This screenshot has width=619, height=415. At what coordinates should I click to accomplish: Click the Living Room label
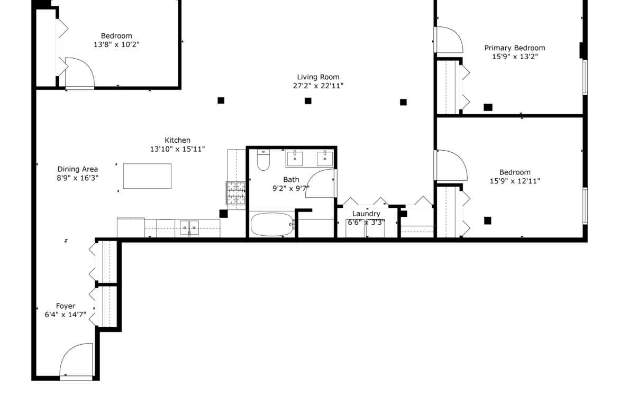pos(318,77)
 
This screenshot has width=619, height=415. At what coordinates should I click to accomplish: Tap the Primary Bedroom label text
pos(515,48)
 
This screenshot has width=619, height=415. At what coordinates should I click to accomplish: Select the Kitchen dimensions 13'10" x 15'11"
pos(177,149)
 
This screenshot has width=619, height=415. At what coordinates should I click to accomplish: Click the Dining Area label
pos(77,169)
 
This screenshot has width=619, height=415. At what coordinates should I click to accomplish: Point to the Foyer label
pos(66,306)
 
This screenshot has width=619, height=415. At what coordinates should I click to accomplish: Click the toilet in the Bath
pos(263,160)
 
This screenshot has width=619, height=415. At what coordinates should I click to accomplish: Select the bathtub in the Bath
pos(272,225)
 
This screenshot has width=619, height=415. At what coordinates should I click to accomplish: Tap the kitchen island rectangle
pos(147,176)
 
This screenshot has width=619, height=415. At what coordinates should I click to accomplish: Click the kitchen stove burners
pos(235,193)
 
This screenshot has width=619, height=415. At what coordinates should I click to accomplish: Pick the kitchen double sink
pos(189,228)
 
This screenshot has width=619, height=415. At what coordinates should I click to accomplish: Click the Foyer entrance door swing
pos(76,359)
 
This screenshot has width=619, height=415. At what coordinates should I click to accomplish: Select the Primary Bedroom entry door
pos(449,40)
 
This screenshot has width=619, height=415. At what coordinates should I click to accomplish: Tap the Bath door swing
pos(320,183)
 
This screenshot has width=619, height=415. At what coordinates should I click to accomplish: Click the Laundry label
pos(366,214)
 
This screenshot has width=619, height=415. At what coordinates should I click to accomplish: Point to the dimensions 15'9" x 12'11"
pos(515,181)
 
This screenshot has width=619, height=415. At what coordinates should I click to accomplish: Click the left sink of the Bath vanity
pos(295,158)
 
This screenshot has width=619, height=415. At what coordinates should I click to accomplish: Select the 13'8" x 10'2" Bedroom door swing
pos(79,72)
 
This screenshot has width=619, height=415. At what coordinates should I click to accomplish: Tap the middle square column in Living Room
pos(308,101)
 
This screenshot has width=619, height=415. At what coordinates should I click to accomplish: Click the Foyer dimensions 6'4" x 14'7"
pos(66,315)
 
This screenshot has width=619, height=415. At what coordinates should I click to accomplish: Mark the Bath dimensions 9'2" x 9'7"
pos(291,189)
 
